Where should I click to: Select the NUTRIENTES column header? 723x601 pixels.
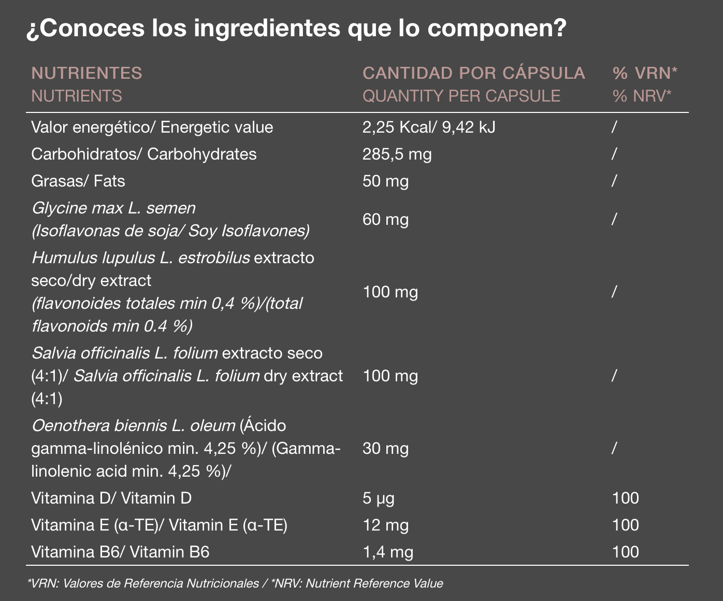[x=87, y=73]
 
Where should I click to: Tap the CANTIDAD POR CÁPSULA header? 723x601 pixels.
[x=474, y=73]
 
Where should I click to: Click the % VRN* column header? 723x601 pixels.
[x=645, y=73]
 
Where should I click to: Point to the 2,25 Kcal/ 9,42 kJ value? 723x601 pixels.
[x=429, y=127]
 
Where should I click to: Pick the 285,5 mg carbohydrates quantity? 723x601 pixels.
[x=397, y=154]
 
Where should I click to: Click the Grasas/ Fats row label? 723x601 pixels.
[x=78, y=181]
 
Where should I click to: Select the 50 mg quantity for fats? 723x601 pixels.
[x=386, y=181]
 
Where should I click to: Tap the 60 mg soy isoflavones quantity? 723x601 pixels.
[x=386, y=219]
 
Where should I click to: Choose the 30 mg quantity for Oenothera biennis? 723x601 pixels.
[x=386, y=448]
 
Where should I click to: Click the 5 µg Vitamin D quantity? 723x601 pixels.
[x=379, y=498]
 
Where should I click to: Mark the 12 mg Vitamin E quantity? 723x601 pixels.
[x=386, y=525]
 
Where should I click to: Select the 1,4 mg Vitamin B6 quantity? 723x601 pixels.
[x=388, y=552]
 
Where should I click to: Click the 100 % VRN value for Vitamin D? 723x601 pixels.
[x=625, y=498]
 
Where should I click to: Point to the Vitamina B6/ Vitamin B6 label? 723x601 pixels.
[x=120, y=552]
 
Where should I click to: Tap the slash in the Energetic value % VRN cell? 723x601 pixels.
[x=614, y=127]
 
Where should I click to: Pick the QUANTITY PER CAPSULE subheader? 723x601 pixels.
[x=461, y=96]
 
